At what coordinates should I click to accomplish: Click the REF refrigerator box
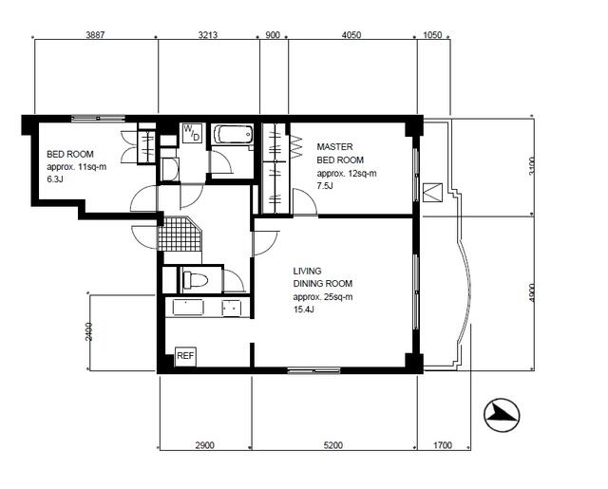186,356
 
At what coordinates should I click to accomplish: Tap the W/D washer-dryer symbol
192,133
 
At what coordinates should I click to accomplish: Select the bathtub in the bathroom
233,135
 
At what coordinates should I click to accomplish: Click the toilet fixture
196,280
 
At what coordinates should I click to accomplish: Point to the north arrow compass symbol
502,415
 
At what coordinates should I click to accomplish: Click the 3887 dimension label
95,35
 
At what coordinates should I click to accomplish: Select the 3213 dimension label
208,35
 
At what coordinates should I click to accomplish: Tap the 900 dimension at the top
273,35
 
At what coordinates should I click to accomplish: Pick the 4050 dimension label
351,35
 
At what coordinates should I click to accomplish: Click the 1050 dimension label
432,35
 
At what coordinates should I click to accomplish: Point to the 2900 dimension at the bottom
205,445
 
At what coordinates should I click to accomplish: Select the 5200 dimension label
333,445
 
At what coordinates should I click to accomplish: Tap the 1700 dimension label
443,445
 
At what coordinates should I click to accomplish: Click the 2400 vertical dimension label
89,331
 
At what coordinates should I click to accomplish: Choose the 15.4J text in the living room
304,310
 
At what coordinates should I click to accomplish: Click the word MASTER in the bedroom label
335,147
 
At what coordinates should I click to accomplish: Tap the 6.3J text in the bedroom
55,179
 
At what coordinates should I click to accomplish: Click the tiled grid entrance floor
180,234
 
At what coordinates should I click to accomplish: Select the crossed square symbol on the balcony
432,193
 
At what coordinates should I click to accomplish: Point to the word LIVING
307,271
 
